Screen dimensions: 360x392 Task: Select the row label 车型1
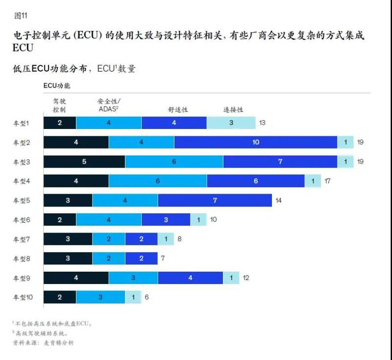[x=22, y=123]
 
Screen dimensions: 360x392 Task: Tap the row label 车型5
[x=22, y=201]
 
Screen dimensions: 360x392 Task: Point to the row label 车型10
[x=23, y=297]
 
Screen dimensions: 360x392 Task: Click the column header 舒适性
[x=178, y=110]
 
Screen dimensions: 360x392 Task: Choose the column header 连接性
[x=233, y=110]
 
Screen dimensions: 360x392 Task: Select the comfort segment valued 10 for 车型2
[x=255, y=143]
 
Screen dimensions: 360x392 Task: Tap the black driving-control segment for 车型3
[x=84, y=162]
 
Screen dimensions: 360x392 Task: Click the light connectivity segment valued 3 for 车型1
[x=231, y=123]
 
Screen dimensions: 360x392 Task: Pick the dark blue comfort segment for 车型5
[x=215, y=201]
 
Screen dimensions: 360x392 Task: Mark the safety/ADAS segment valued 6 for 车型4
[x=157, y=181]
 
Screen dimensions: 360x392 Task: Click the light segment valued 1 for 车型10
[x=133, y=297]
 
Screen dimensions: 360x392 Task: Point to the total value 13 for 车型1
[x=262, y=123]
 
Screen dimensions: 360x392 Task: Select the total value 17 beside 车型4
[x=327, y=181]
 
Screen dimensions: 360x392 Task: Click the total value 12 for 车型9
[x=246, y=278]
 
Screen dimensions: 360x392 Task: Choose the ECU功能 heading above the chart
[x=57, y=85]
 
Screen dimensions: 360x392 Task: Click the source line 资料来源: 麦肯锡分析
[x=44, y=343]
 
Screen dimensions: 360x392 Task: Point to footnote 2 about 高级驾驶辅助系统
[x=43, y=334]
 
